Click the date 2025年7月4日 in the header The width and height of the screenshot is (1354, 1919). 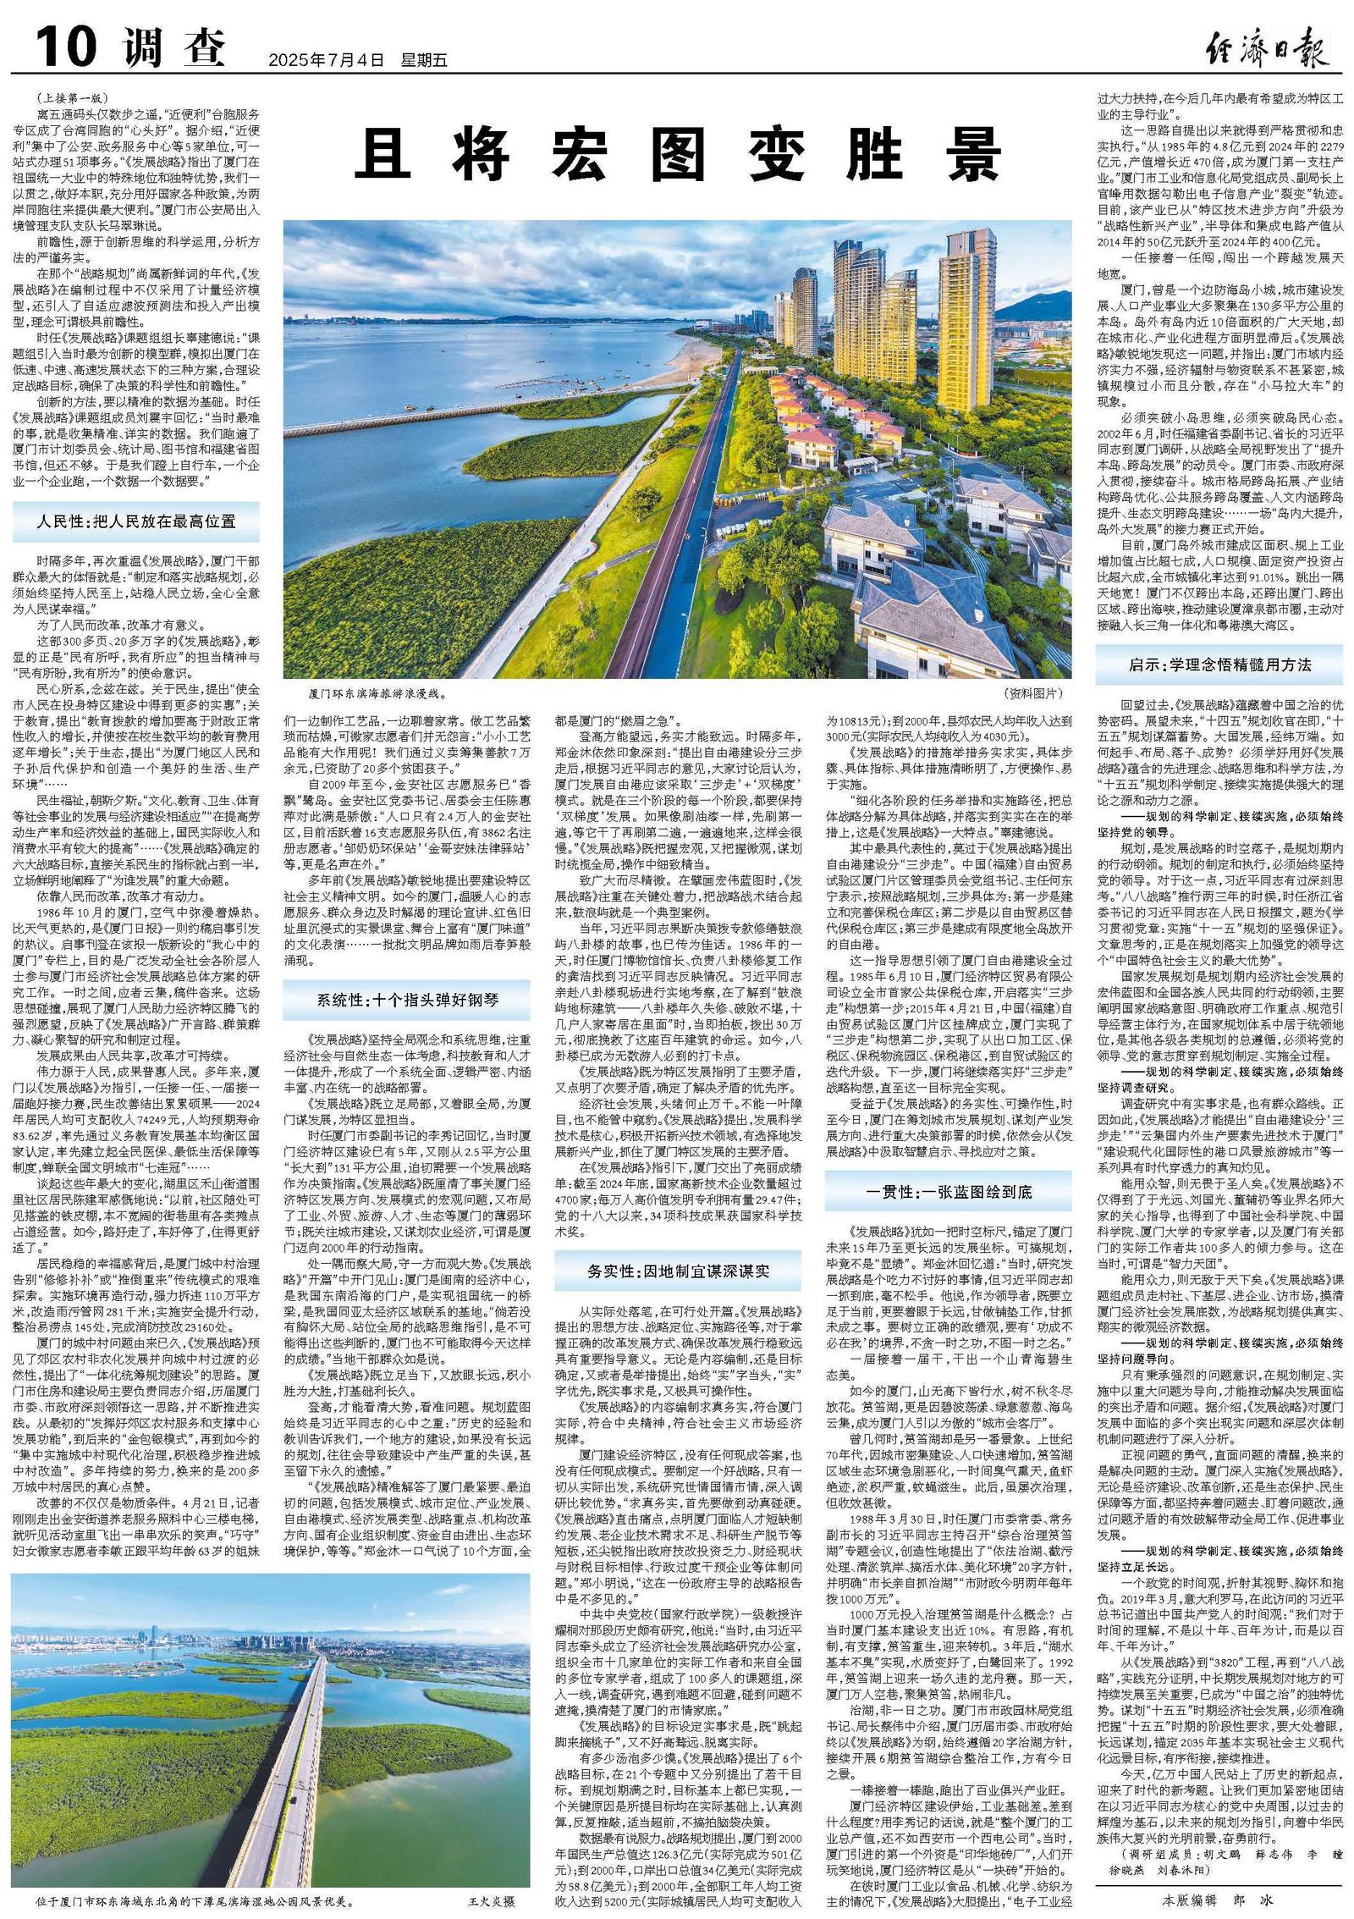pos(326,60)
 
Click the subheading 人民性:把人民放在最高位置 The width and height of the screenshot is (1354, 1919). pos(135,522)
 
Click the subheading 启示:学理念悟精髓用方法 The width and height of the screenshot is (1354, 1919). pos(1219,665)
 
